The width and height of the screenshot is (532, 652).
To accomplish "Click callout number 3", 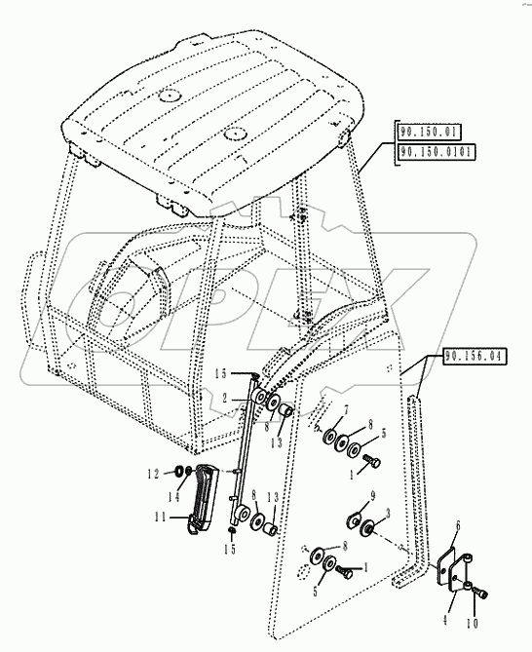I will (x=388, y=513).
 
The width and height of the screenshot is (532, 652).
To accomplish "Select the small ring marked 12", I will (x=180, y=475).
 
